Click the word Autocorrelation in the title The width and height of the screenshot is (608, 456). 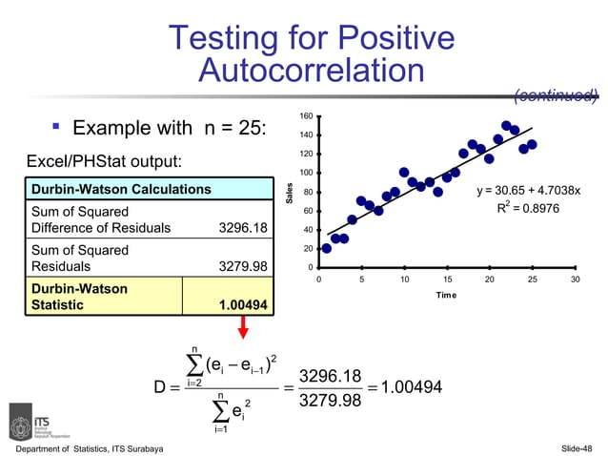pyautogui.click(x=312, y=71)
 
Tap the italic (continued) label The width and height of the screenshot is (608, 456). pyautogui.click(x=556, y=95)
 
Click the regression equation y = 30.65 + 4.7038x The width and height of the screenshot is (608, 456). pyautogui.click(x=535, y=191)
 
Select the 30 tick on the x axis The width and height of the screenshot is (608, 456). pyautogui.click(x=575, y=280)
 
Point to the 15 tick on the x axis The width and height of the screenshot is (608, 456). pyautogui.click(x=446, y=280)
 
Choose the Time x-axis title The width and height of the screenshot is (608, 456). pyautogui.click(x=447, y=295)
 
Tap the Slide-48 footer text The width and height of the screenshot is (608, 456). pyautogui.click(x=576, y=447)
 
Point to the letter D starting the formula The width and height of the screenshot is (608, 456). pyautogui.click(x=161, y=387)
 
